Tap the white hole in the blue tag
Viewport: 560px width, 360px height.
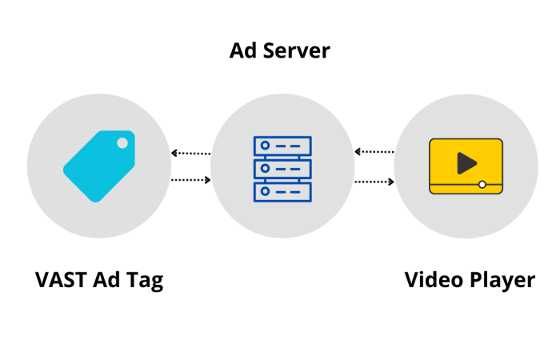122,143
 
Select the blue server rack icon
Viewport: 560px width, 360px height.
282,169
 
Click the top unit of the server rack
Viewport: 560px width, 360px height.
282,146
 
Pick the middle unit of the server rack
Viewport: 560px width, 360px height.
282,169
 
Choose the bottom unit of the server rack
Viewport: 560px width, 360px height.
282,191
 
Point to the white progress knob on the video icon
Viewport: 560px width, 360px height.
482,185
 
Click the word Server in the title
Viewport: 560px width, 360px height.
299,51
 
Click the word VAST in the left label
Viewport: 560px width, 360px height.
62,281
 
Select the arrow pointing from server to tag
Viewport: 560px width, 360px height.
191,153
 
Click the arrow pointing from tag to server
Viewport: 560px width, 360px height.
191,180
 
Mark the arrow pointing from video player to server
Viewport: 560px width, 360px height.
374,151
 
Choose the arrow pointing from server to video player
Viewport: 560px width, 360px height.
374,182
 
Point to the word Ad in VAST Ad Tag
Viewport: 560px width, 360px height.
106,281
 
